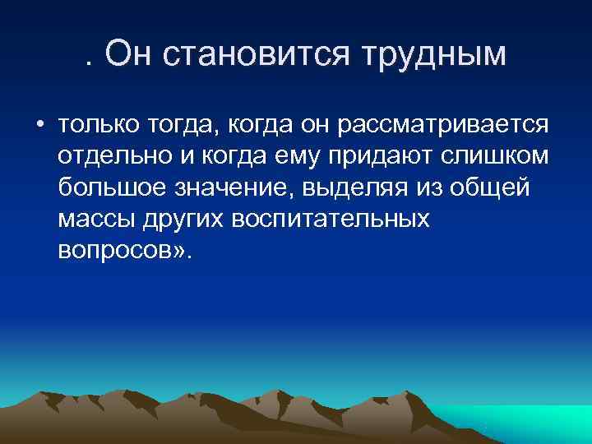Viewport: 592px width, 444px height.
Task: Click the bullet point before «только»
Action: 39,126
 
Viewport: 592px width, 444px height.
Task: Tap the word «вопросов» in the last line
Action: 113,251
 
